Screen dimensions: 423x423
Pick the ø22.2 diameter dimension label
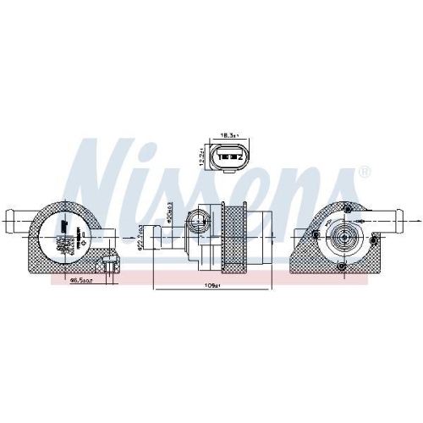pos(138,240)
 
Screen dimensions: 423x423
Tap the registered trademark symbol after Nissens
pos(365,173)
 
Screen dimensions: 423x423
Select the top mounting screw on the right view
pos(346,208)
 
